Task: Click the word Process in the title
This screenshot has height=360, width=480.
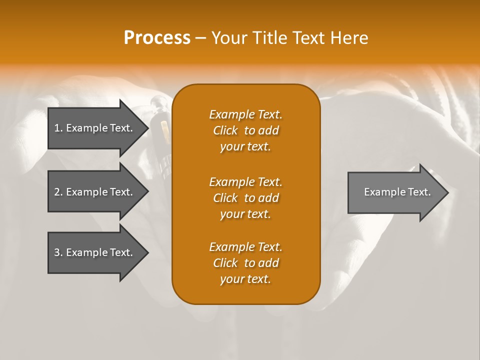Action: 157,38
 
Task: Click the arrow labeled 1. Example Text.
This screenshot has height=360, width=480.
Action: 95,128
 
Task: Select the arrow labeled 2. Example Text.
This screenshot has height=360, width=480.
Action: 95,192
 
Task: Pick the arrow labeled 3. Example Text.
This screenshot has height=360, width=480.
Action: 95,252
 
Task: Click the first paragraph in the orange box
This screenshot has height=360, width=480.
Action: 245,130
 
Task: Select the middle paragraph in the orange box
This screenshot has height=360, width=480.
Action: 245,198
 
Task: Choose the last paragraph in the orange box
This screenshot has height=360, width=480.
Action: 245,263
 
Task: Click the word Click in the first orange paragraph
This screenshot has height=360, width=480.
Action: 225,130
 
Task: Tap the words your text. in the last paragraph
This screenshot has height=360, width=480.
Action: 245,279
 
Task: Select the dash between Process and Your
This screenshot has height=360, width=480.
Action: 200,38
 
